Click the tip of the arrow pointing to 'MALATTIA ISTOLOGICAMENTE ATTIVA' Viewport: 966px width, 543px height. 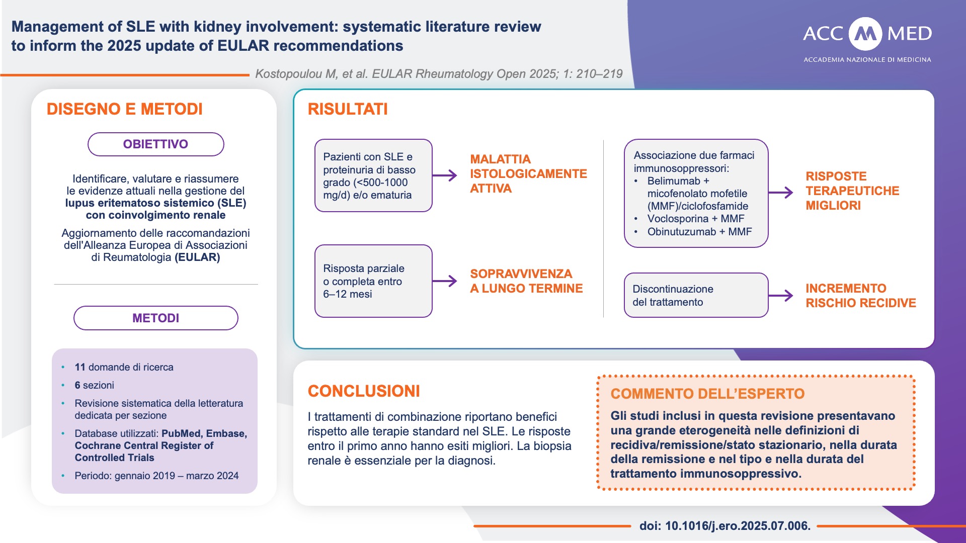coord(457,175)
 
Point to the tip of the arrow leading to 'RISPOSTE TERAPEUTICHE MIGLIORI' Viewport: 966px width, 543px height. coord(793,193)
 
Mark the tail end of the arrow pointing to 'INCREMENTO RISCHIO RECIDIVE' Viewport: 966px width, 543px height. coord(769,296)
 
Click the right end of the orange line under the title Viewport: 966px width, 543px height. coord(249,75)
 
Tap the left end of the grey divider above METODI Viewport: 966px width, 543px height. coord(54,284)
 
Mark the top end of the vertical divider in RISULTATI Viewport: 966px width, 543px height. coord(603,140)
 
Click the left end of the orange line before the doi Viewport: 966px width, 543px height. coord(474,526)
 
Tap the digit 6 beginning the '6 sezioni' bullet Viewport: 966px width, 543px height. coord(77,385)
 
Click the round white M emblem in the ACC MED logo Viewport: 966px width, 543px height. coord(865,34)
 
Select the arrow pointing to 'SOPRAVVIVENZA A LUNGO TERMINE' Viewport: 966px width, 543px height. coord(445,281)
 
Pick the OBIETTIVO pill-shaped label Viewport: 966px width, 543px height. coord(156,144)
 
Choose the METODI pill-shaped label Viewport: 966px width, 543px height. coord(156,318)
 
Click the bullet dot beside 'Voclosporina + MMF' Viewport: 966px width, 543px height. coord(636,219)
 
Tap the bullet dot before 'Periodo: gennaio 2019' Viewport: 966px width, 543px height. coord(63,476)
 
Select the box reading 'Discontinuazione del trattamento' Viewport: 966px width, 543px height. coord(696,295)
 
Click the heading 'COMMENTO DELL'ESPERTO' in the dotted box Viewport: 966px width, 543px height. coord(707,394)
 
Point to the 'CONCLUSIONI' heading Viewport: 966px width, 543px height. coord(364,391)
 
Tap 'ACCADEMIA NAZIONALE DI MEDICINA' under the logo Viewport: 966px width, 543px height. coord(867,60)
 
